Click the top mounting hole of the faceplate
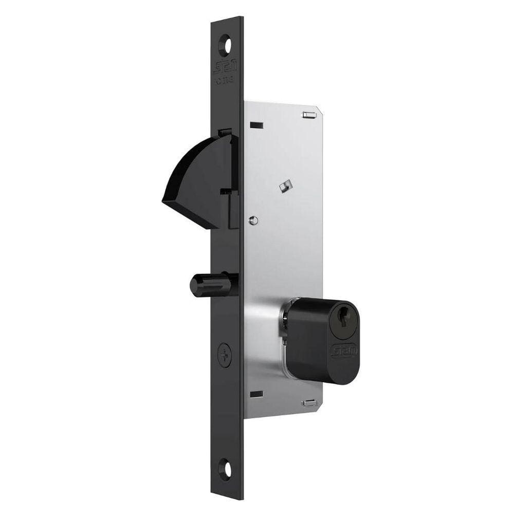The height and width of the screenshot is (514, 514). pos(226,45)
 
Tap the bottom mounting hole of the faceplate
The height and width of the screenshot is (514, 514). pos(225,468)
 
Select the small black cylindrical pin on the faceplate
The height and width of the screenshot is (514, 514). pos(208,284)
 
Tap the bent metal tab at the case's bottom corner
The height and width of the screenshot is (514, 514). pos(309,403)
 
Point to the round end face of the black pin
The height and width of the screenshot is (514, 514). pos(194,285)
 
